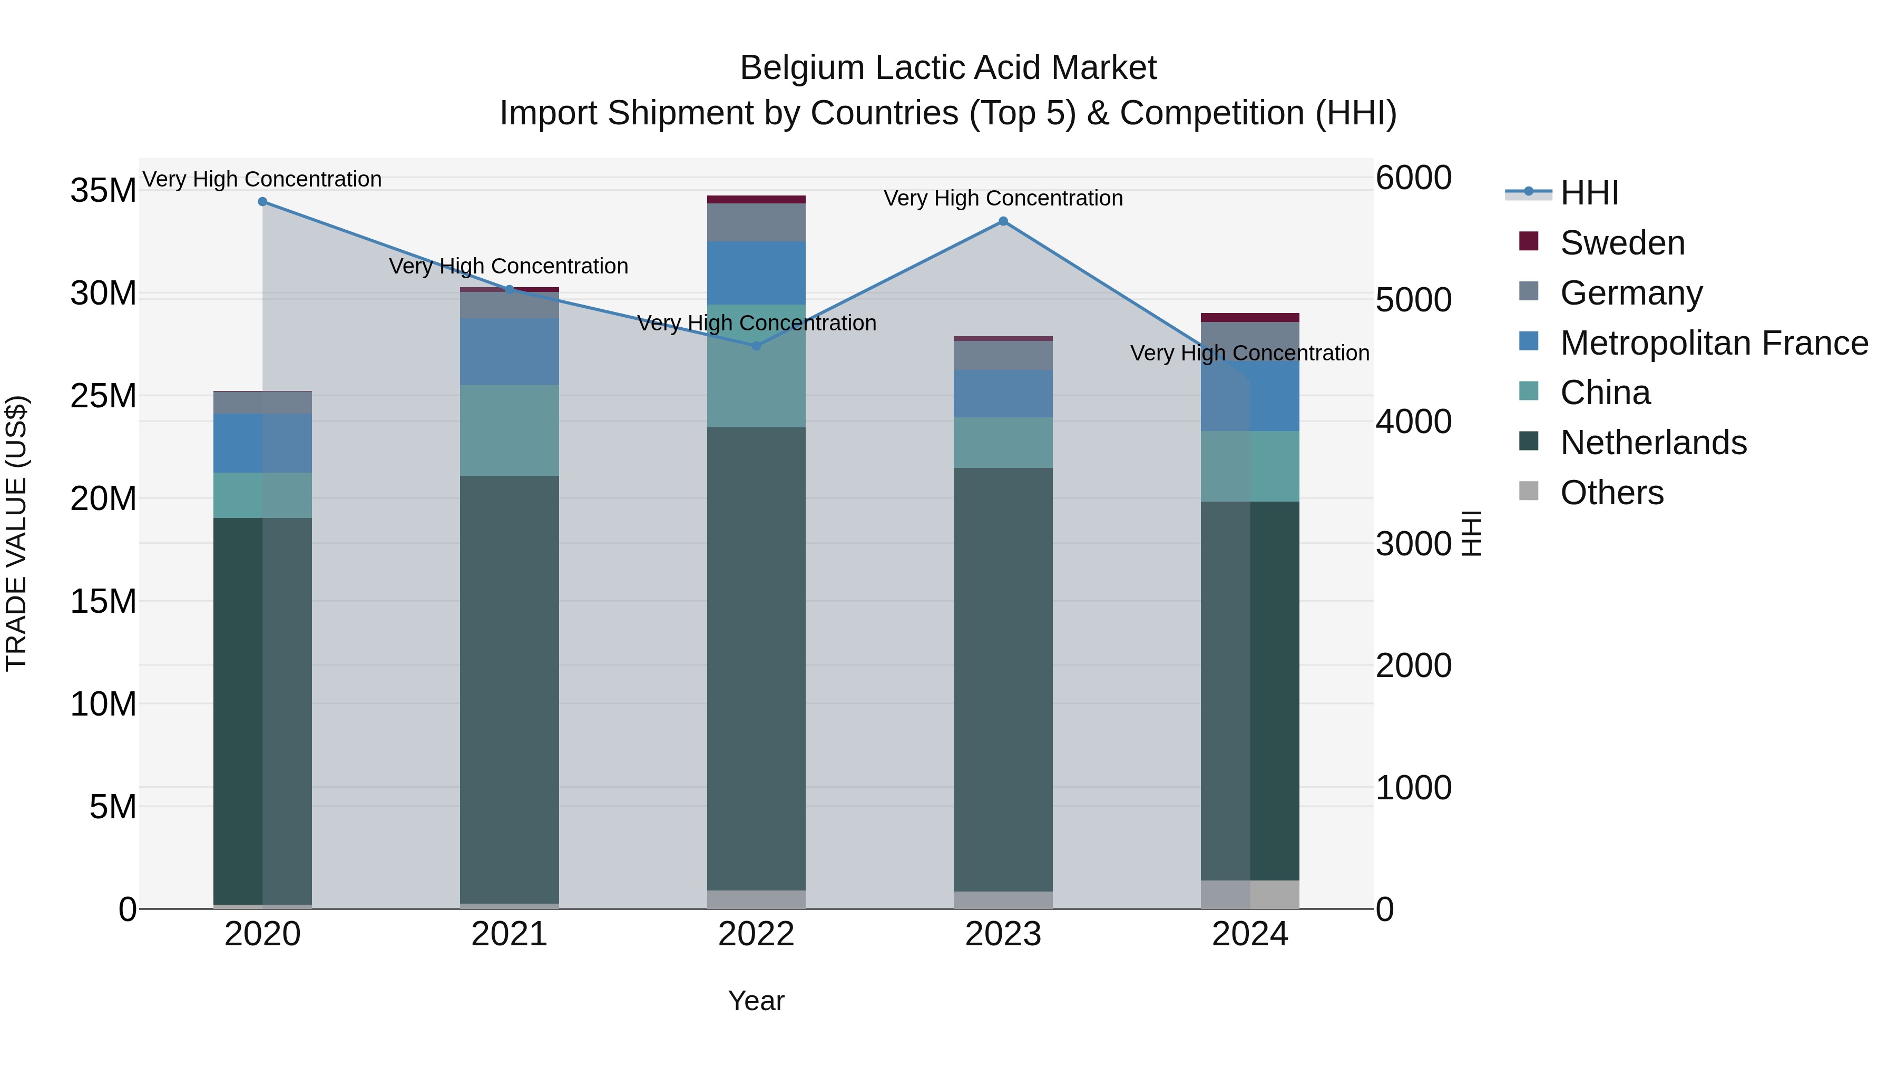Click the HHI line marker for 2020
pos(262,202)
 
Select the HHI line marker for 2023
pos(1003,221)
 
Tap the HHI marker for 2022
pos(756,345)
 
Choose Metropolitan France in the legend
pos(1714,343)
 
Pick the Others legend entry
pos(1611,493)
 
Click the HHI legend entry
pos(1589,193)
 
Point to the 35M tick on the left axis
pos(103,191)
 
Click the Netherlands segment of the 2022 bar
pos(756,659)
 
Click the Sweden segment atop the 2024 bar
pos(1250,317)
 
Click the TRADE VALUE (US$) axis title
pos(16,533)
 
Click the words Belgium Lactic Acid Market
pos(948,68)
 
